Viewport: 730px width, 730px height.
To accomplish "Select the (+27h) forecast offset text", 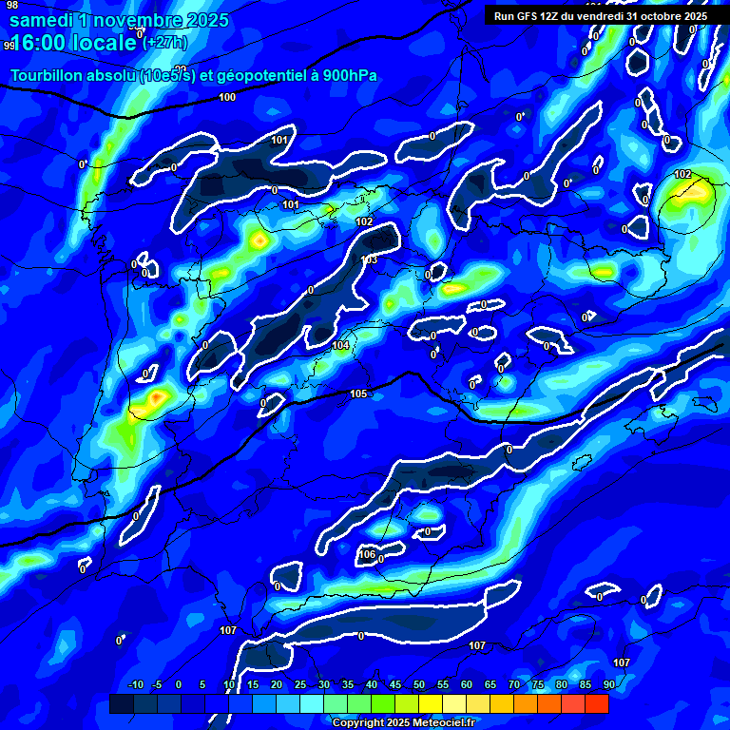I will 164,43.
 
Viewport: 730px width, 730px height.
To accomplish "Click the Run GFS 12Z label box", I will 600,16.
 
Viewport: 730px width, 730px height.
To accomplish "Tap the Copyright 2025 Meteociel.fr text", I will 403,722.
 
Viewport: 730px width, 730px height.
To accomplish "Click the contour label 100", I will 227,97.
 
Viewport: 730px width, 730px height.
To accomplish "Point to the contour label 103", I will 370,259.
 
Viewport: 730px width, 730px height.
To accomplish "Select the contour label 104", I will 340,345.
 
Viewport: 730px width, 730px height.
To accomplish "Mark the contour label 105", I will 358,394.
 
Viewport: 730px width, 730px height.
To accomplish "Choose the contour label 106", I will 367,554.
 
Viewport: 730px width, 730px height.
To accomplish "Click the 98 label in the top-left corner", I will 12,5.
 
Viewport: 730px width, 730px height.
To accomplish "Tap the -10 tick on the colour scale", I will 135,684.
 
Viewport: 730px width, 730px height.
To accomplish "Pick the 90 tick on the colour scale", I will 608,684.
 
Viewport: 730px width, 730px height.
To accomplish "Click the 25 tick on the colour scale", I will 300,684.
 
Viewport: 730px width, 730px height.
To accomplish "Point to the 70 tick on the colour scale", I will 513,684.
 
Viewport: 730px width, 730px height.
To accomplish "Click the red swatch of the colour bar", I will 596,703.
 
